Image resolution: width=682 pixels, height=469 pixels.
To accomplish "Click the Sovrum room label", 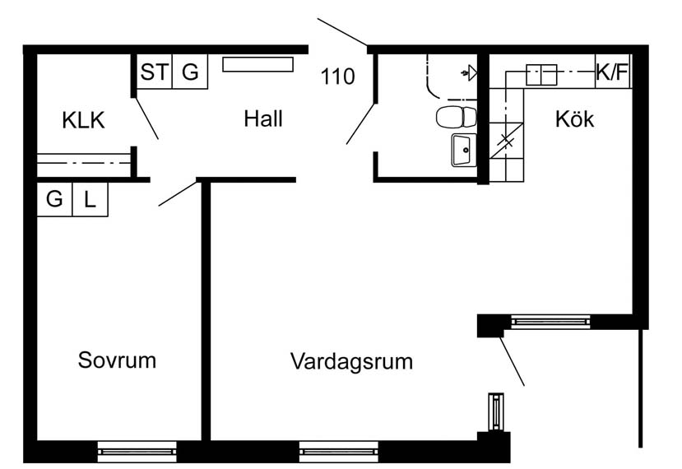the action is (x=117, y=360).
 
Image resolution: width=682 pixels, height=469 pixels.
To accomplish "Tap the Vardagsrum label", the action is (x=351, y=361).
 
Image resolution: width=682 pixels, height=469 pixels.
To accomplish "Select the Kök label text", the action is (x=574, y=118).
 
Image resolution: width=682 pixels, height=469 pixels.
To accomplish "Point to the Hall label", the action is (x=263, y=118).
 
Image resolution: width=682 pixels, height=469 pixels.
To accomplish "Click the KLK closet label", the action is (x=84, y=120).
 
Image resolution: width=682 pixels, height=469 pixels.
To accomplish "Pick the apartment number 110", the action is (x=337, y=77).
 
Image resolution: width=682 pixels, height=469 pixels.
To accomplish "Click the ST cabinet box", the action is (x=155, y=72).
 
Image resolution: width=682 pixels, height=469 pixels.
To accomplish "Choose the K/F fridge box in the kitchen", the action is (x=613, y=72).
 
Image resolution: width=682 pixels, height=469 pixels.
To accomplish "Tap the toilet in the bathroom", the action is (x=456, y=117).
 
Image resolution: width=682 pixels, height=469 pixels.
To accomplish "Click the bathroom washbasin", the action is (x=464, y=150).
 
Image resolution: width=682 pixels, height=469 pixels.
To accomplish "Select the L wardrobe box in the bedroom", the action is (x=90, y=199).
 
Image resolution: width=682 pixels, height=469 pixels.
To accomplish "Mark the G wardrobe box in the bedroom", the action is (x=55, y=199).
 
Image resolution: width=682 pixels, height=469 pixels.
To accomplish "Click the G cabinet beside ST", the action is (x=190, y=72).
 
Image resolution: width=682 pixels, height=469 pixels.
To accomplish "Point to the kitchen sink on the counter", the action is (x=541, y=75).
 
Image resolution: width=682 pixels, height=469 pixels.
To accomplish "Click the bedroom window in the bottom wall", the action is (x=137, y=452).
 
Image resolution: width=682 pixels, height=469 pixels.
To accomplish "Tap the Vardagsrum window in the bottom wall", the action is (x=339, y=452).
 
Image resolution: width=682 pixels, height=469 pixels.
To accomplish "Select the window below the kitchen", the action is (x=550, y=322).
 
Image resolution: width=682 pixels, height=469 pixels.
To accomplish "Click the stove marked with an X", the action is (x=507, y=141).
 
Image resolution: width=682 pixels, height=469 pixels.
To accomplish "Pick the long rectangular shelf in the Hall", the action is (x=258, y=64).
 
